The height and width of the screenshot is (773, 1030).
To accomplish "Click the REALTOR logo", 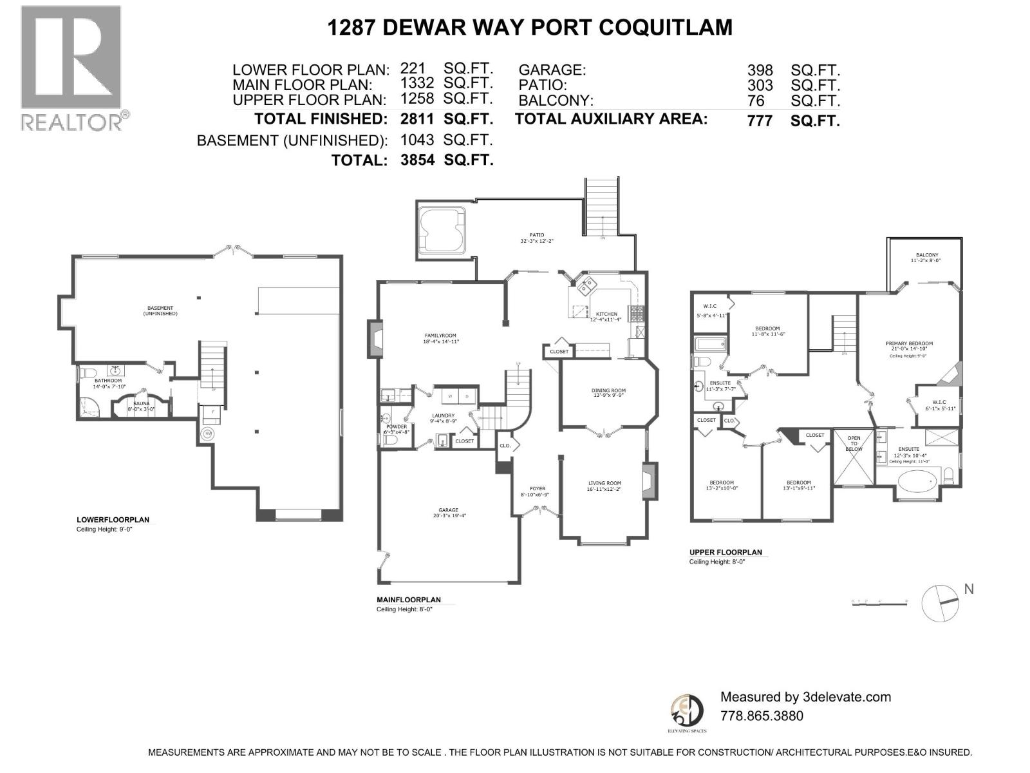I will point(71,68).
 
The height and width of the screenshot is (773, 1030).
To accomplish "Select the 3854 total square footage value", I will point(417,160).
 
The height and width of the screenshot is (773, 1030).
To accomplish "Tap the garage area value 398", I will point(760,70).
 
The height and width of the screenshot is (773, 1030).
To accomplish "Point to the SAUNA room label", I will point(142,403).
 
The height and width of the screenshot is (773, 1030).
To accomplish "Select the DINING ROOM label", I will point(608,390).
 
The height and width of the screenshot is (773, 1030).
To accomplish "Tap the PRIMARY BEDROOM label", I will point(909,344).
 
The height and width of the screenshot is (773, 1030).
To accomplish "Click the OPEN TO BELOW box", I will point(854,457).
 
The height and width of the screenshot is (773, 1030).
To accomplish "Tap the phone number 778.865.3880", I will point(762,716).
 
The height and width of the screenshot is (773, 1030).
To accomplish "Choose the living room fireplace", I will point(650,481).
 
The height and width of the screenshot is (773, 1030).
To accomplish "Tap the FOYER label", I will point(538,488).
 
